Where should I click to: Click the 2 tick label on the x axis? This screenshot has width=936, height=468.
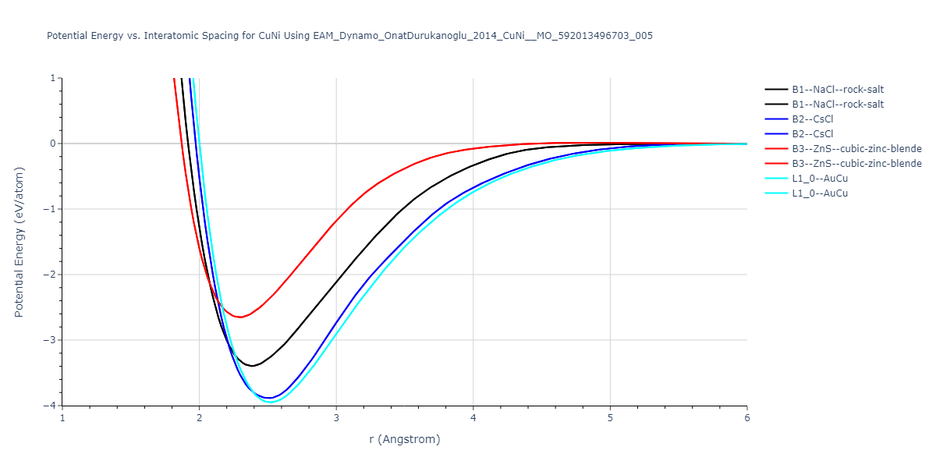click(x=199, y=417)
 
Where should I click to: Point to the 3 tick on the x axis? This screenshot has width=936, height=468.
click(x=336, y=417)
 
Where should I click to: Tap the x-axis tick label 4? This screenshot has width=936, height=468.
click(x=473, y=417)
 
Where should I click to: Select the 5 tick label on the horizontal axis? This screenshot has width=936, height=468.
click(x=610, y=417)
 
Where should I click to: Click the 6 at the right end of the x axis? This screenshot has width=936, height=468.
click(x=746, y=417)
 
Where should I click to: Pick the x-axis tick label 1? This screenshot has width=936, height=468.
click(x=62, y=417)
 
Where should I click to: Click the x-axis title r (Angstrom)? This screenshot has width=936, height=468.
click(x=405, y=439)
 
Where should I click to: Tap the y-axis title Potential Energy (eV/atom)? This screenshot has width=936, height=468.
click(x=19, y=242)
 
